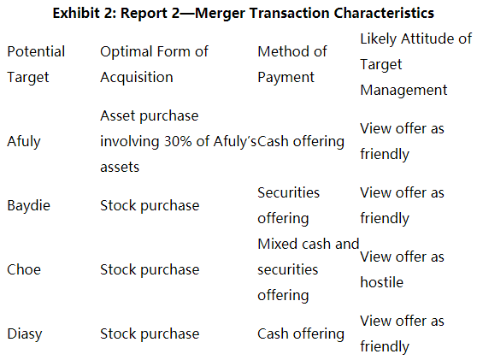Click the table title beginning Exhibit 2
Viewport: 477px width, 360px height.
coord(243,13)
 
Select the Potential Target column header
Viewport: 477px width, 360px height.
coord(36,64)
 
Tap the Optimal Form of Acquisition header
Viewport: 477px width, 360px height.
coord(154,64)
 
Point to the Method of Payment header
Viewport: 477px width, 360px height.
coord(292,64)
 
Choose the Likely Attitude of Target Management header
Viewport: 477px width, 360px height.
coord(415,64)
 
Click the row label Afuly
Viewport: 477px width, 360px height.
coord(24,141)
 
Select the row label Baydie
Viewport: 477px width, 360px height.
coord(28,206)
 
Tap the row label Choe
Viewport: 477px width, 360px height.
coord(24,269)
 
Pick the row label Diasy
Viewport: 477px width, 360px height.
coord(25,333)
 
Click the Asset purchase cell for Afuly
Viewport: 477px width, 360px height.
coord(179,141)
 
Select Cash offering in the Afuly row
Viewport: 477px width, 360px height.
coord(301,141)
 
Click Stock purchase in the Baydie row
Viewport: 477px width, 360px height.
coord(150,206)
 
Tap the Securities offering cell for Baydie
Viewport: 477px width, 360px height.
coord(288,205)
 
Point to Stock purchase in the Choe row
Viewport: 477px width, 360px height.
coord(150,270)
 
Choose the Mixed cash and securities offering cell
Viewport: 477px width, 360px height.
coord(309,269)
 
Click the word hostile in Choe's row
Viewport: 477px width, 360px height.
coord(382,282)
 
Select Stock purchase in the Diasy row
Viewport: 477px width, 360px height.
coord(150,333)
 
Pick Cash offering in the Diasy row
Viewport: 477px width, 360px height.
coord(301,333)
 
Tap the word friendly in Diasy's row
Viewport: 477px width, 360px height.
coord(385,346)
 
